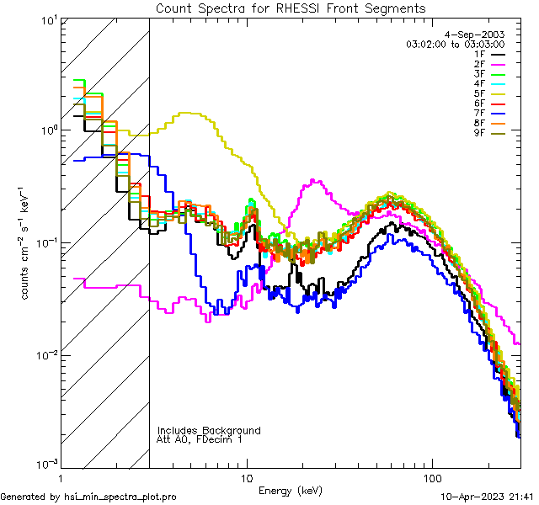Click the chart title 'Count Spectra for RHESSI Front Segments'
point(291,8)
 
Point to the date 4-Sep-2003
point(481,34)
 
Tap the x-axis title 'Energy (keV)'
point(291,490)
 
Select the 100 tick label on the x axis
point(431,476)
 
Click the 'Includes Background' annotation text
point(209,430)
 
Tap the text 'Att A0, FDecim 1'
point(200,439)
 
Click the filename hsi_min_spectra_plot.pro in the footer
point(120,497)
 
